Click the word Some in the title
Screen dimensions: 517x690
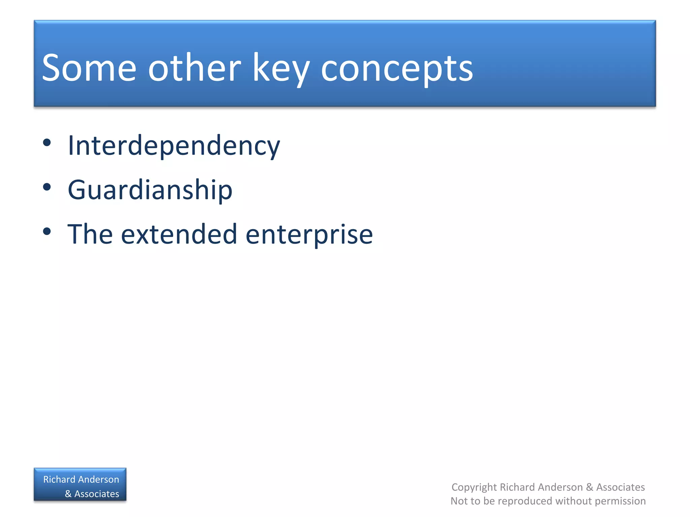89,68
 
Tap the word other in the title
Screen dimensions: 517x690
194,68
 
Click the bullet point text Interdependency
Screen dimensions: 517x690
174,146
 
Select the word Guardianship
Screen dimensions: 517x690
150,190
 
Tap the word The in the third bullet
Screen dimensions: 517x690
90,234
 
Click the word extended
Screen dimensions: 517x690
179,234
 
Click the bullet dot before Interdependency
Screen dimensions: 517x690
47,143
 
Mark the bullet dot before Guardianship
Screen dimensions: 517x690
47,187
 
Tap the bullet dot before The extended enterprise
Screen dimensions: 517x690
47,232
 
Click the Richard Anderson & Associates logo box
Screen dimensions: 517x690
80,485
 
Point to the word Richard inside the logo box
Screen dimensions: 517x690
59,479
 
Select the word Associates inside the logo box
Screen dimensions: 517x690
97,494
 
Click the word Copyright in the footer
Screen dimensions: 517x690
474,487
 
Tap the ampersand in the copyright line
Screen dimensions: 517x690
590,487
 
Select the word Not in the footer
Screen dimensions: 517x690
458,501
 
